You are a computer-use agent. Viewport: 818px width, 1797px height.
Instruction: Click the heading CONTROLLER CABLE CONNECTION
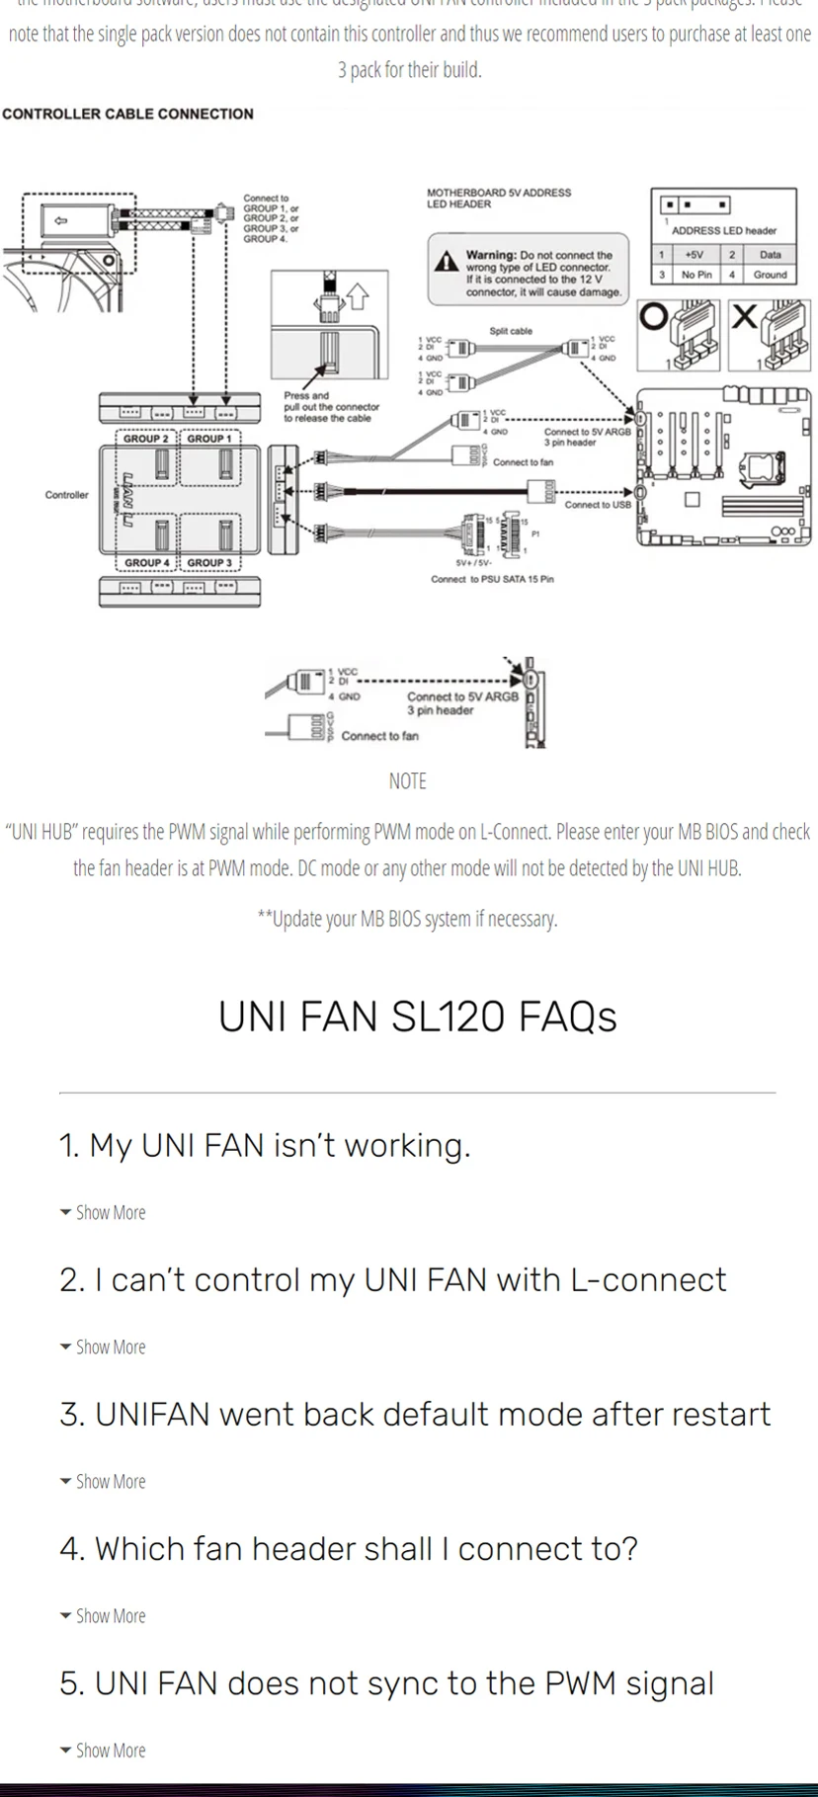coord(127,114)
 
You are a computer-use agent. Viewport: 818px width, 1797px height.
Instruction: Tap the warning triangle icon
coord(447,261)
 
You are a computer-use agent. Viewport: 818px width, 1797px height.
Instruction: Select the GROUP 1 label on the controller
coord(208,439)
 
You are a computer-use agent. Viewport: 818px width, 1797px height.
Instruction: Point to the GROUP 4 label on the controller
coord(146,563)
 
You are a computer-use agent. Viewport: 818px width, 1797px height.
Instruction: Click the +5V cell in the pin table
coord(694,255)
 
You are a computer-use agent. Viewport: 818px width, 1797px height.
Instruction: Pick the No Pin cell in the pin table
coord(695,275)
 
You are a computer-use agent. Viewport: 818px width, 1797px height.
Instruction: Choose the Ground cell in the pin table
coord(770,275)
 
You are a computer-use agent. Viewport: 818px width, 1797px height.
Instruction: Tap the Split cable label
coord(511,331)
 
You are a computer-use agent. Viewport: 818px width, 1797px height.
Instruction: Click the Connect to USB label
coord(597,505)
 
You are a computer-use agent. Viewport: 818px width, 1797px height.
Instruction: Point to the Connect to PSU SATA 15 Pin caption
coord(492,579)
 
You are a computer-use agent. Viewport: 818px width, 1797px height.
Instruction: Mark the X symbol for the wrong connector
coord(745,316)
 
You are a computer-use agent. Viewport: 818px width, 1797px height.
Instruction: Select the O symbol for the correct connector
coord(653,317)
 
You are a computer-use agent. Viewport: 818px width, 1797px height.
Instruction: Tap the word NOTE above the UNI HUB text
coord(407,781)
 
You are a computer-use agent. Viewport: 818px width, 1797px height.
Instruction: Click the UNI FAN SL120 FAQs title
coord(417,1017)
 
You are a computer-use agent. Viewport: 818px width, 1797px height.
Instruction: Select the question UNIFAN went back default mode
coord(415,1414)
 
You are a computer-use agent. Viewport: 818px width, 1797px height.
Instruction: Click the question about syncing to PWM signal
coord(386,1682)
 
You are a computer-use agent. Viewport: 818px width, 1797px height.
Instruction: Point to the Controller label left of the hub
coord(66,495)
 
